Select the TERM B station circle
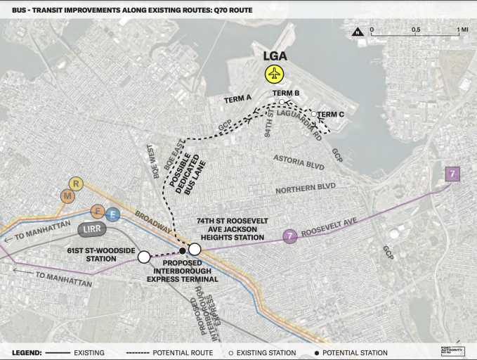pos(282,102)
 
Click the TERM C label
pos(330,115)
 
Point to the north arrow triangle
pos(358,32)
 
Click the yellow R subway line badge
pos(77,184)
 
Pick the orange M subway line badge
pos(67,197)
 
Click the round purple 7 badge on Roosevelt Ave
pos(289,236)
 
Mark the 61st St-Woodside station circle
pos(144,257)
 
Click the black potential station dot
pos(183,250)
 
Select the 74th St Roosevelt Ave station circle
pos(194,250)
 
